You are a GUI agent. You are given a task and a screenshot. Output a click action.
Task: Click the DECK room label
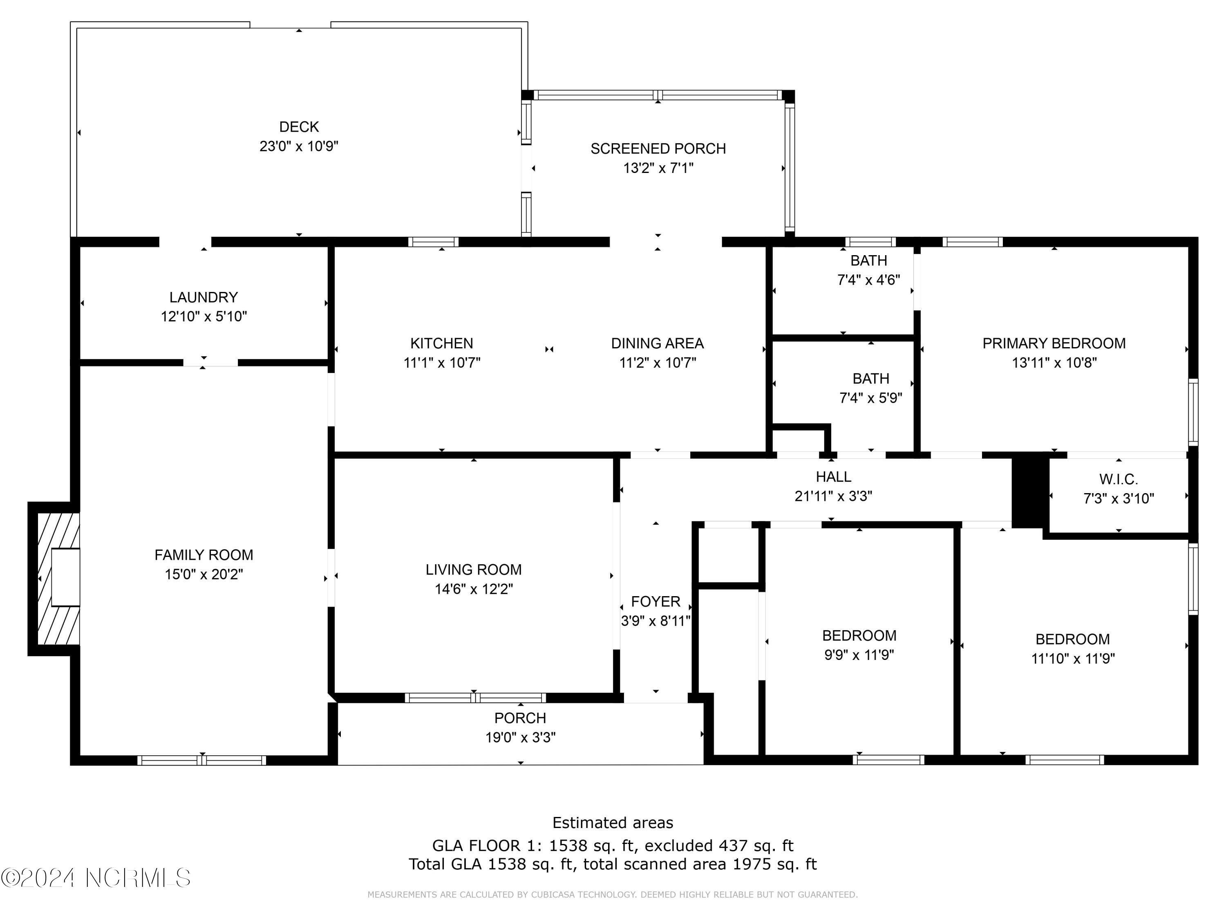[x=299, y=127]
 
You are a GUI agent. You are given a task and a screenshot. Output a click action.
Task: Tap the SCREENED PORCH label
[x=658, y=148]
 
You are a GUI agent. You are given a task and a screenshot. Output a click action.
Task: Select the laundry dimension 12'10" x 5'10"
[x=204, y=316]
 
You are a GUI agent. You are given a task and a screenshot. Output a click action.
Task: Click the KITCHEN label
[x=441, y=343]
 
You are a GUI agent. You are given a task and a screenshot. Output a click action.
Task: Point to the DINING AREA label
[x=657, y=343]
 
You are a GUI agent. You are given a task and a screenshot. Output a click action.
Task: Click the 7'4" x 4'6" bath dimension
[x=868, y=280]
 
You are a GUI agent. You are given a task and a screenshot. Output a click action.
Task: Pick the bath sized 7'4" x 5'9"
[x=871, y=388]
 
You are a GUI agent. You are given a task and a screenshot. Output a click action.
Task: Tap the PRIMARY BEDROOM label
[x=1054, y=343]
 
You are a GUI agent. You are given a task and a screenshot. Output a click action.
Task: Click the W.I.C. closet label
[x=1119, y=479]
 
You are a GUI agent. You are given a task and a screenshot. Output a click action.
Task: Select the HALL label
[x=833, y=477]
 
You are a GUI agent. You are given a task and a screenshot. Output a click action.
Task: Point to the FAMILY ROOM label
[x=204, y=555]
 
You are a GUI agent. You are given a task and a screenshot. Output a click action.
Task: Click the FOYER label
[x=655, y=602]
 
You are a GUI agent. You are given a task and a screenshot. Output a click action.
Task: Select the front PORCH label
[x=520, y=718]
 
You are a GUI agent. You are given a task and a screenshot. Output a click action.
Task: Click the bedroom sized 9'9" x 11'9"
[x=859, y=645]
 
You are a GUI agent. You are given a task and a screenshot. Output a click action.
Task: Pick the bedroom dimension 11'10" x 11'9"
[x=1072, y=659]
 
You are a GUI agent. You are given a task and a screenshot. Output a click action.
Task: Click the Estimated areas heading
[x=613, y=822]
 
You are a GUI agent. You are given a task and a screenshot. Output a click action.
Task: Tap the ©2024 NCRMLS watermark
[x=95, y=878]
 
